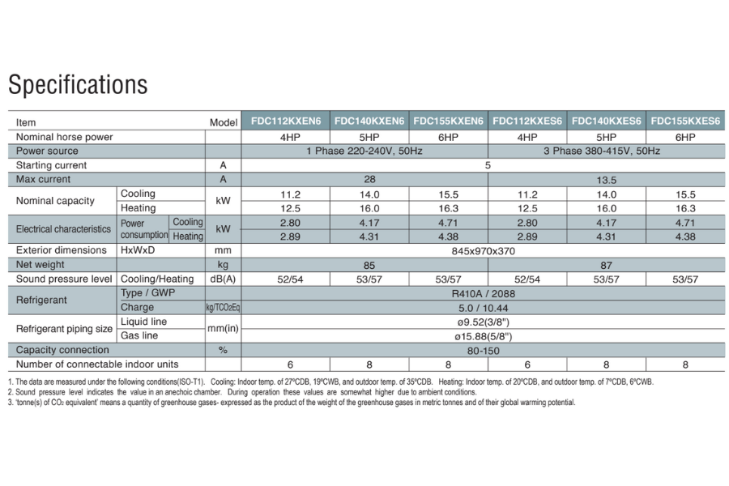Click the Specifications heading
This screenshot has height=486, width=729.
(x=78, y=85)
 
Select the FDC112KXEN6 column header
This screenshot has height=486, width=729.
(x=285, y=122)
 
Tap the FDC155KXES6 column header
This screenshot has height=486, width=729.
(x=685, y=122)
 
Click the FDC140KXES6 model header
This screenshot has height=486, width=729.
(x=606, y=122)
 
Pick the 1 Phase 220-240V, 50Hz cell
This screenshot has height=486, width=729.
(x=365, y=151)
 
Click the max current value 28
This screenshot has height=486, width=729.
(x=365, y=179)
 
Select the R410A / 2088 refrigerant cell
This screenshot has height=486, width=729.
(x=486, y=293)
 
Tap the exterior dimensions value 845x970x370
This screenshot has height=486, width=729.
(x=486, y=250)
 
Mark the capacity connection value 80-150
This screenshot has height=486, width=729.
(x=486, y=350)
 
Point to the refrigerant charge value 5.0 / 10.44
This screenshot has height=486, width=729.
(x=486, y=308)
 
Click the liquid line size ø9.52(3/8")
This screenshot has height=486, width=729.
(x=486, y=322)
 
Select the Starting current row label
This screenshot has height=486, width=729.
(x=51, y=165)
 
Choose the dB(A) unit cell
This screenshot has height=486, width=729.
(x=223, y=279)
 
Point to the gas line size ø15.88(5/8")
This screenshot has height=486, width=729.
(x=486, y=335)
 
